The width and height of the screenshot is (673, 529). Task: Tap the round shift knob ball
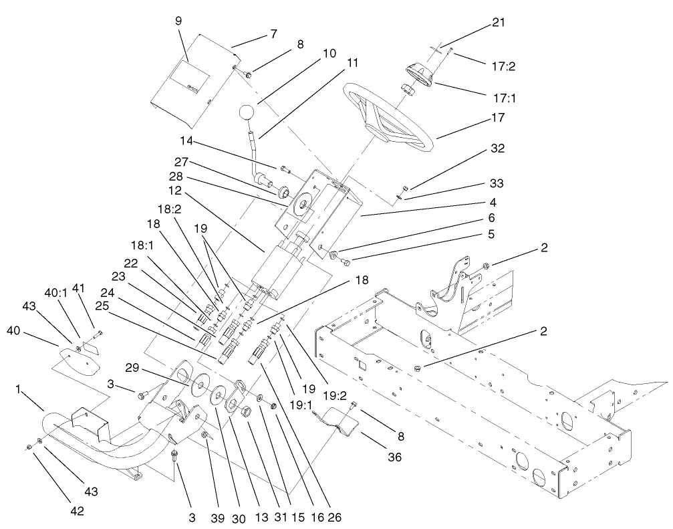pyautogui.click(x=247, y=113)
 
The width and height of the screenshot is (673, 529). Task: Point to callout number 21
pyautogui.click(x=498, y=23)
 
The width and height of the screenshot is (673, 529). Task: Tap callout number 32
pyautogui.click(x=497, y=148)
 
